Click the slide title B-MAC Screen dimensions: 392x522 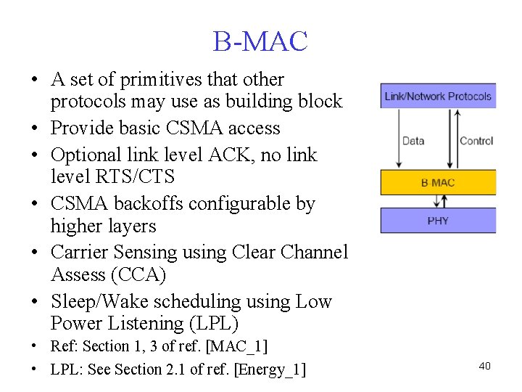260,41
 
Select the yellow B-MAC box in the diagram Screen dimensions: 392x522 437,183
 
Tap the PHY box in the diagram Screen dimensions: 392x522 437,220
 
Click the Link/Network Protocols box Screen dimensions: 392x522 438,96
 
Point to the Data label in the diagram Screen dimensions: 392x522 413,141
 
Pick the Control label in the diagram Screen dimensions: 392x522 476,141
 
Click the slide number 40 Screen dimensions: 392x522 484,366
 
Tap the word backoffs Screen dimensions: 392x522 151,204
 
